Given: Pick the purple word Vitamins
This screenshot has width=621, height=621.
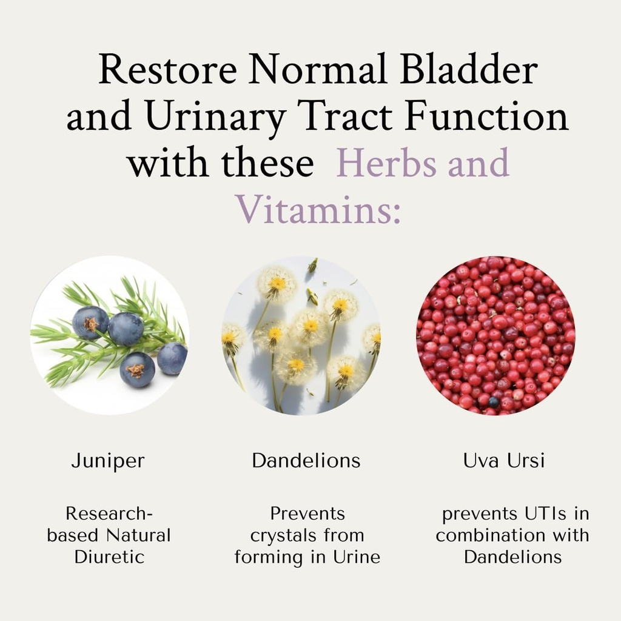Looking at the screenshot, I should (318, 209).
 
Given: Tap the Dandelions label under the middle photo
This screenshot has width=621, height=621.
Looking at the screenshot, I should (306, 461).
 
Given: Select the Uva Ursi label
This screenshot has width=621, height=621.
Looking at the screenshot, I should (504, 461).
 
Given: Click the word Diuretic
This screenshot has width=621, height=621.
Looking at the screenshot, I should (110, 557).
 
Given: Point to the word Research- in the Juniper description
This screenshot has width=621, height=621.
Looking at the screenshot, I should (109, 514).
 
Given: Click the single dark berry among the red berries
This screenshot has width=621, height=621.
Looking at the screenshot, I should (494, 401).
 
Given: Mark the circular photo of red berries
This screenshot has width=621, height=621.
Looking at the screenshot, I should (495, 335).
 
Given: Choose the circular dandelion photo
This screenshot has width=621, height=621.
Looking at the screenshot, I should (301, 335).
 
